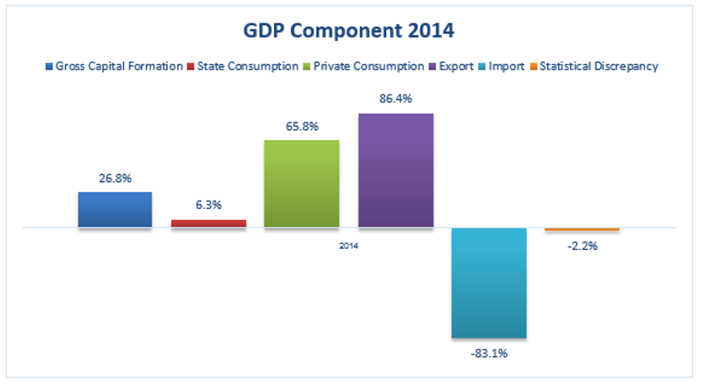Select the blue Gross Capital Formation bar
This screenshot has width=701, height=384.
pyautogui.click(x=115, y=210)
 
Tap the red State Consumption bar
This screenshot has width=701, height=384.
pyautogui.click(x=208, y=224)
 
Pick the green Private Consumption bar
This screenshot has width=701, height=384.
pyautogui.click(x=302, y=183)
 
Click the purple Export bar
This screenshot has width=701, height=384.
pyautogui.click(x=395, y=170)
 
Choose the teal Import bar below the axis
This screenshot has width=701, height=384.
pyautogui.click(x=489, y=283)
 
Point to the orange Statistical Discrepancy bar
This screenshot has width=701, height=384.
pyautogui.click(x=582, y=230)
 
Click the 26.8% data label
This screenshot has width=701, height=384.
pyautogui.click(x=115, y=178)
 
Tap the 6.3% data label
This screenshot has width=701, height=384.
pyautogui.click(x=208, y=205)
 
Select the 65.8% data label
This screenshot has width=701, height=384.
pyautogui.click(x=302, y=126)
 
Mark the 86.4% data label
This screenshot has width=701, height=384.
pyautogui.click(x=395, y=100)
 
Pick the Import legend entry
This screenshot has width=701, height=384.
pyautogui.click(x=505, y=67)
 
